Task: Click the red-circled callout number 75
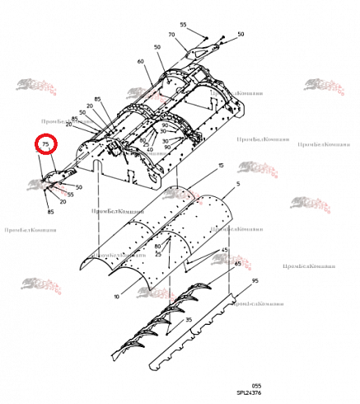[46, 145]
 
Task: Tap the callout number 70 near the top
[171, 35]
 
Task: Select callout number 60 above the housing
[141, 62]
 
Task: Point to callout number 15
[222, 167]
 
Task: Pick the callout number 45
[225, 249]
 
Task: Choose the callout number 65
[239, 263]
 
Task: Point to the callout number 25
[146, 143]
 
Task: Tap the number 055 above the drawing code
[256, 385]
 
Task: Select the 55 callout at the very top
[183, 25]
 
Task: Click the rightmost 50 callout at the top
[241, 35]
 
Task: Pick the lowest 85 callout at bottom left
[51, 212]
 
